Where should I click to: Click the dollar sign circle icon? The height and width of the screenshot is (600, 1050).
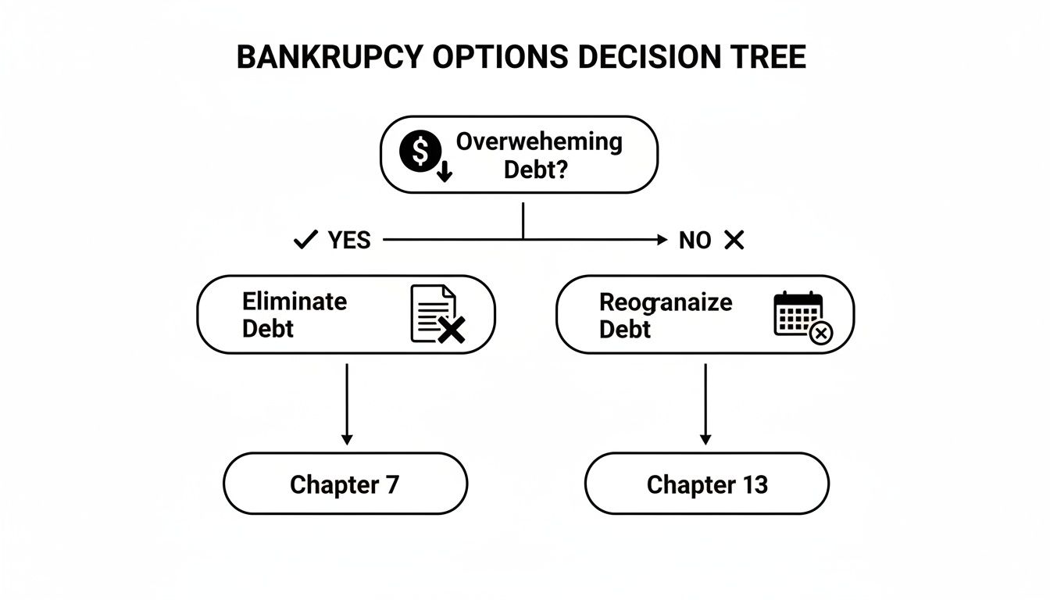click(420, 153)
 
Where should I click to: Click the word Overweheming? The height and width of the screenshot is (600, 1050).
click(539, 142)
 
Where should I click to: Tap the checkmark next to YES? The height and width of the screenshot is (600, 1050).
click(305, 241)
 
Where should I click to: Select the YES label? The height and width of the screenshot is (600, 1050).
click(349, 241)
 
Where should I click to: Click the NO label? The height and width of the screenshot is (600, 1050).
click(695, 241)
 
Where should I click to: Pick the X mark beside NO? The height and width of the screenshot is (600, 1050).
click(734, 241)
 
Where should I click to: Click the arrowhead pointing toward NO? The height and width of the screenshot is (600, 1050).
click(662, 241)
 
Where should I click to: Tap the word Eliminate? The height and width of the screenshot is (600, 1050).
click(295, 301)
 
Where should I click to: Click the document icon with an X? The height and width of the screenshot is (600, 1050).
click(436, 315)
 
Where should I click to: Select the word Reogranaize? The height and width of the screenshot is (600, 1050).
click(666, 302)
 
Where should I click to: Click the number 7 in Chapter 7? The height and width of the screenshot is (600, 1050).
click(392, 484)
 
